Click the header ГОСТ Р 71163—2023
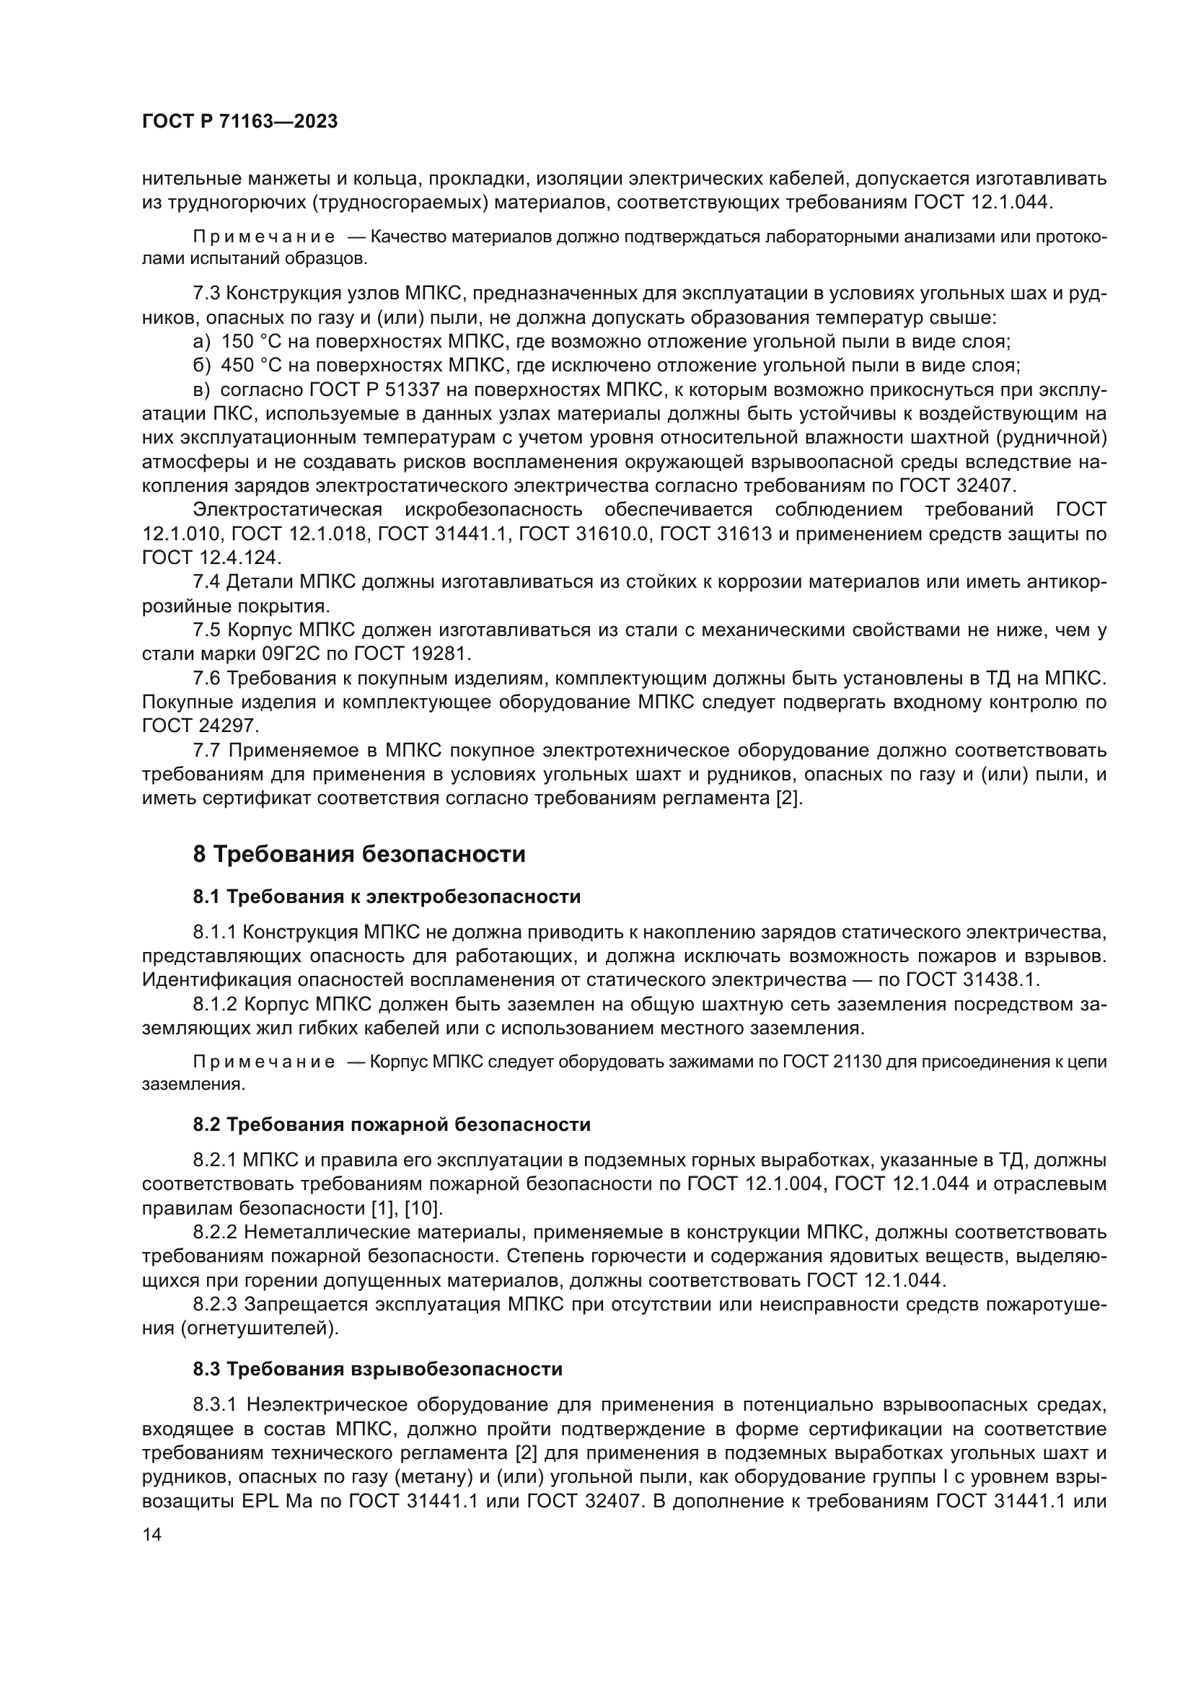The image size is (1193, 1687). tap(239, 122)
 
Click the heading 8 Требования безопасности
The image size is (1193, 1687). tap(359, 855)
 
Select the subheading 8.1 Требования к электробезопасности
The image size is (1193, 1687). tap(387, 897)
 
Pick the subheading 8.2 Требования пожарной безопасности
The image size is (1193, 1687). tap(392, 1125)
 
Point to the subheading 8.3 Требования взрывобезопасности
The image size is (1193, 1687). tap(377, 1369)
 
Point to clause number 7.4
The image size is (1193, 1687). tap(206, 582)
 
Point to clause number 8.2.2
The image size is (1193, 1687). tap(214, 1232)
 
